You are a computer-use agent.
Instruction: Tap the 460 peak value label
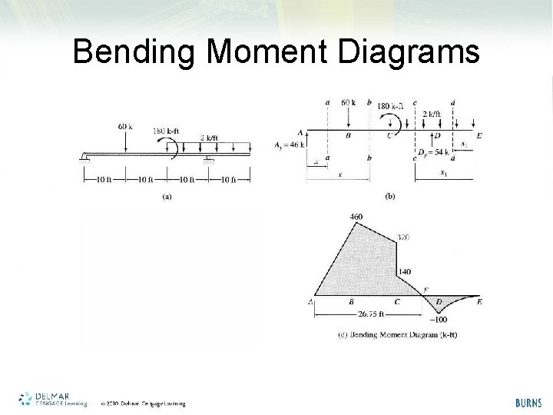pyautogui.click(x=356, y=217)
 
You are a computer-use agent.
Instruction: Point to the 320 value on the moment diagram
pyautogui.click(x=404, y=237)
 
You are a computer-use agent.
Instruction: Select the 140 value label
pyautogui.click(x=405, y=272)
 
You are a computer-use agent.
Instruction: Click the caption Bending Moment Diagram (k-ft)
pyautogui.click(x=397, y=334)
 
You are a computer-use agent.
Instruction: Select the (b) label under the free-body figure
pyautogui.click(x=390, y=197)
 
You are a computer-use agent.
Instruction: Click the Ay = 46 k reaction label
pyautogui.click(x=290, y=144)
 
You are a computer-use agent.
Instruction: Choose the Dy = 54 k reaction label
pyautogui.click(x=432, y=152)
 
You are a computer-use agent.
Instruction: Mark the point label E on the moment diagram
pyautogui.click(x=479, y=302)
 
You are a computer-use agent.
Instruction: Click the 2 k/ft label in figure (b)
pyautogui.click(x=432, y=113)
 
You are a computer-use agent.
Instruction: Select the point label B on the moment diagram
pyautogui.click(x=351, y=302)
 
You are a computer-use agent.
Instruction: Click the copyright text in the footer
pyautogui.click(x=143, y=403)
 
